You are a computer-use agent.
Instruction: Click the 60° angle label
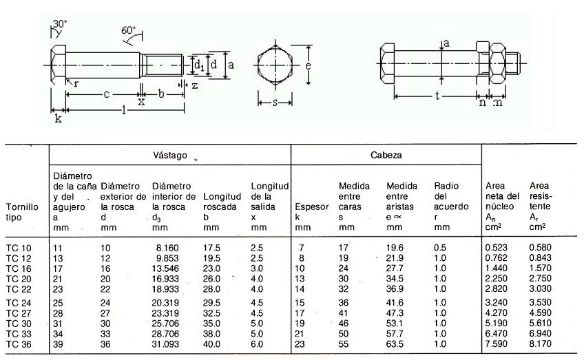pyautogui.click(x=129, y=30)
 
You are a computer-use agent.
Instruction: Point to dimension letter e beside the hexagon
pyautogui.click(x=310, y=66)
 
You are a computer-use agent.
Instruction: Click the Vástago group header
pyautogui.click(x=169, y=156)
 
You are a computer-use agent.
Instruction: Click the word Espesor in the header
pyautogui.click(x=307, y=207)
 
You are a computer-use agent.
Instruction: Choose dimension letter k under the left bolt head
pyautogui.click(x=58, y=118)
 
